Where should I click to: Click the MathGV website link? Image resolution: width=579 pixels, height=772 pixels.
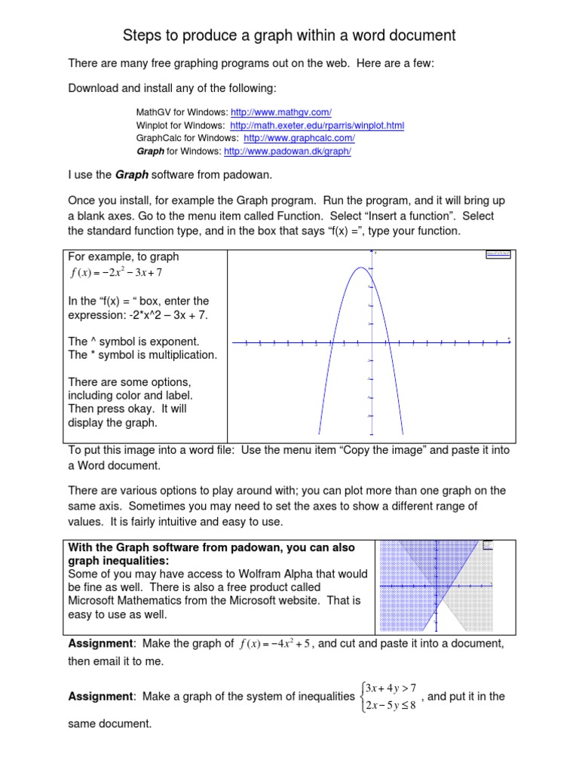(281, 112)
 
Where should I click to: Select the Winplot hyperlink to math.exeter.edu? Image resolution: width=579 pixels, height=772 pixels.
(317, 125)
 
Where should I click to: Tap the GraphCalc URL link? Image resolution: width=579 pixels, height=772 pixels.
(299, 138)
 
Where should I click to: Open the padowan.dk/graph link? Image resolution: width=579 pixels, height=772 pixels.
(287, 152)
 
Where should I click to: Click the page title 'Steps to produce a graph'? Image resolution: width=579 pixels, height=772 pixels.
(289, 35)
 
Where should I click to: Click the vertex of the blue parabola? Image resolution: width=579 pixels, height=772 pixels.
(360, 268)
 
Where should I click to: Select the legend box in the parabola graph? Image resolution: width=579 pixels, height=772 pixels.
(499, 256)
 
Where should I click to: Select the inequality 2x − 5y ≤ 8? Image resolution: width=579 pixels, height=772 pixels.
(390, 705)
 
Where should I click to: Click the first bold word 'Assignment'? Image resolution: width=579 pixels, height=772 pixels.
(100, 643)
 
